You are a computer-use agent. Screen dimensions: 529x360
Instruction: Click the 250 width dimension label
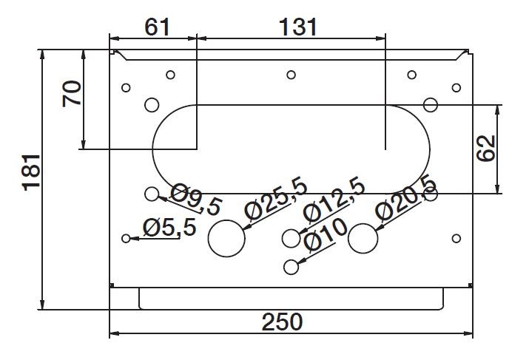282,322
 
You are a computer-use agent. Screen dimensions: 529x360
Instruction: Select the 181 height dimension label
31,172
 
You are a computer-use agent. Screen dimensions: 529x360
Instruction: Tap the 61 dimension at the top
157,27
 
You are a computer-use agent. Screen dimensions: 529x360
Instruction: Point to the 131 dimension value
298,27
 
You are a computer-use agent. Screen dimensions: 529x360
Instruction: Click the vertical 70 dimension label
72,93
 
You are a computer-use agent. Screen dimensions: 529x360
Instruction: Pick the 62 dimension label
486,149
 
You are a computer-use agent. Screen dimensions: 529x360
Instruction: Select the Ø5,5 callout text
169,228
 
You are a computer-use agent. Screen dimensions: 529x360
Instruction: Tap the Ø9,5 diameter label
196,200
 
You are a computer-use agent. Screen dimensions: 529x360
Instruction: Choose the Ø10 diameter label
326,235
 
